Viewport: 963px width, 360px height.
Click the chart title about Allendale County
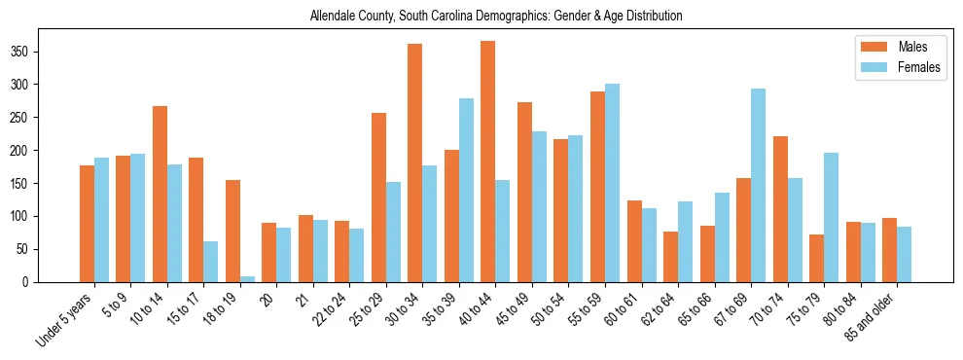click(x=495, y=16)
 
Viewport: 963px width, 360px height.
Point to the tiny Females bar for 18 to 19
click(x=234, y=279)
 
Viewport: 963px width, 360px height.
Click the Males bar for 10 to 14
click(x=160, y=195)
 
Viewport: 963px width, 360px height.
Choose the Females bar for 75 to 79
click(x=831, y=218)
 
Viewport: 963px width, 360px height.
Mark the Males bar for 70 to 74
click(x=780, y=209)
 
